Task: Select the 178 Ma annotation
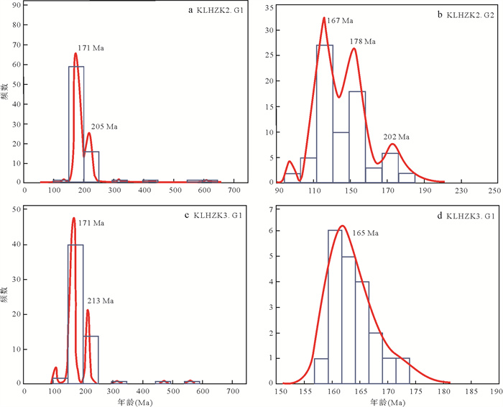(363, 42)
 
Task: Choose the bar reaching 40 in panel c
(75, 313)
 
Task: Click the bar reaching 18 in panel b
(357, 137)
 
